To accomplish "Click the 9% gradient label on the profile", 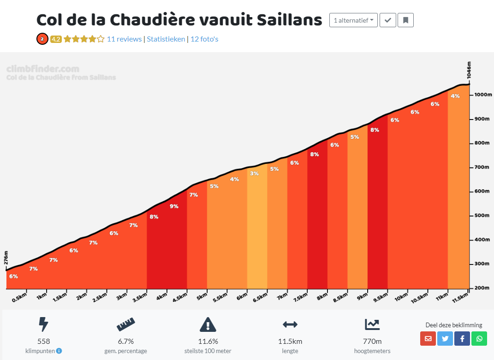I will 174,206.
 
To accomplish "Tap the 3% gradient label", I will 254,174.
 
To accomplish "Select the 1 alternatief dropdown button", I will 353,20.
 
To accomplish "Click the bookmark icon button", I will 405,20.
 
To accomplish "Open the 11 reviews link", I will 124,39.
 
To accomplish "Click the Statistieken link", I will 166,39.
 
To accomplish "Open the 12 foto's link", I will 204,39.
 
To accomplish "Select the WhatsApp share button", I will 479,339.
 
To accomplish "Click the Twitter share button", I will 445,339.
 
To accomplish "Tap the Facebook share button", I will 462,339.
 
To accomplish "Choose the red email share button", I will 428,339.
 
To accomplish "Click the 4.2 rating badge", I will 56,39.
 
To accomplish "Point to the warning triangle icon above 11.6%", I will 208,325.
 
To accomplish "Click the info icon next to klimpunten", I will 59,351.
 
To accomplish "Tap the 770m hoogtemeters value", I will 372,342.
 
